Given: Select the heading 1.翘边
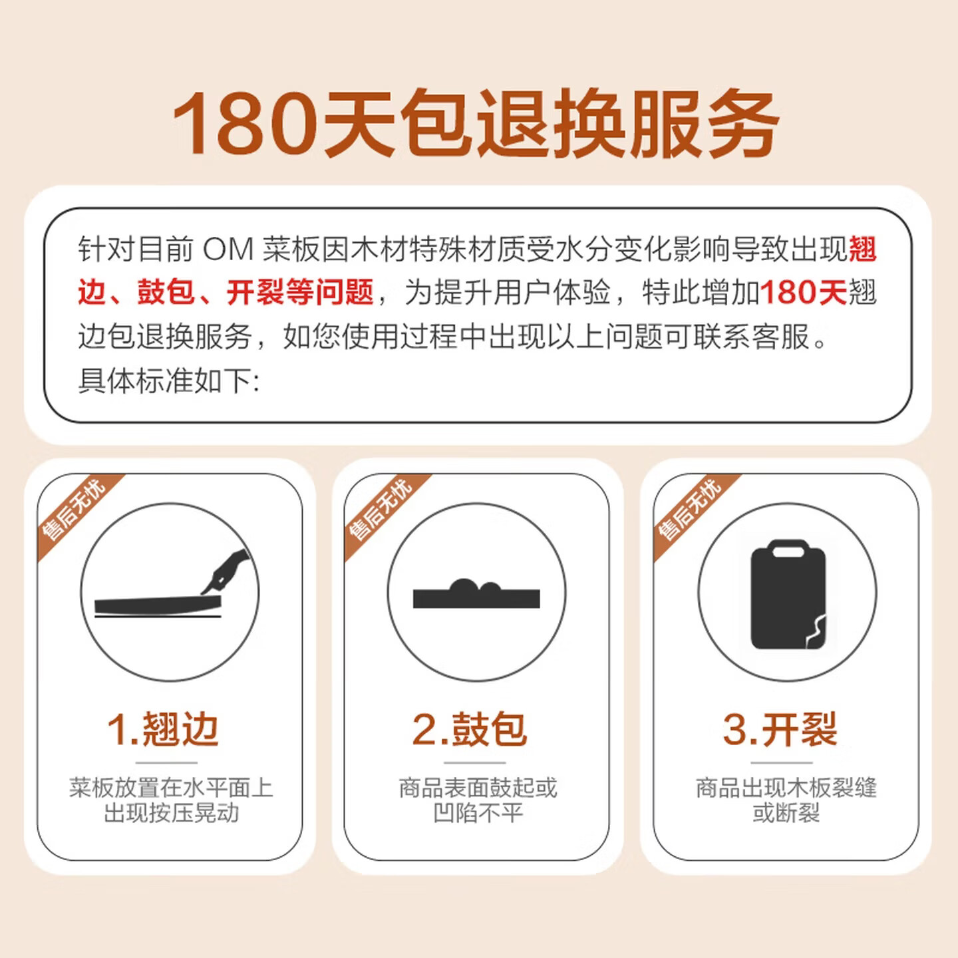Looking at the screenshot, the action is click(163, 729).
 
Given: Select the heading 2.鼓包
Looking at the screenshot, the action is click(469, 729).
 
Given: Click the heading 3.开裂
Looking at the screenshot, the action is click(780, 729).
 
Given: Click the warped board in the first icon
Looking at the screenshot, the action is click(158, 605).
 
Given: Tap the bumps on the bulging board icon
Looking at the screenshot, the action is click(475, 586).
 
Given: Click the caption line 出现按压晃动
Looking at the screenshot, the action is click(172, 814).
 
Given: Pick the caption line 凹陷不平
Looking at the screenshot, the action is click(478, 814).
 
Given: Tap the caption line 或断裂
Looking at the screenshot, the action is click(786, 814).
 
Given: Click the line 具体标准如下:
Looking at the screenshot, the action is click(169, 382).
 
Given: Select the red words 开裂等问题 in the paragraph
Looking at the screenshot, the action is click(300, 292).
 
